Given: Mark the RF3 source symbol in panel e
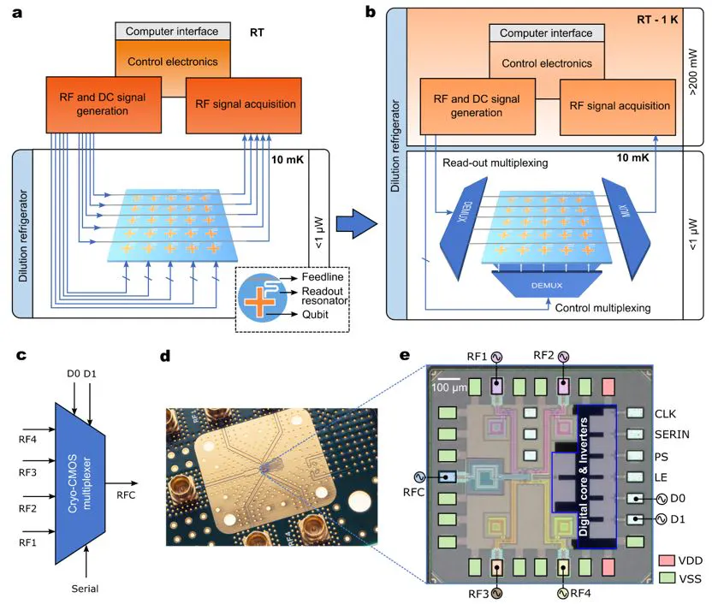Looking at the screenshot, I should (496, 592).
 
